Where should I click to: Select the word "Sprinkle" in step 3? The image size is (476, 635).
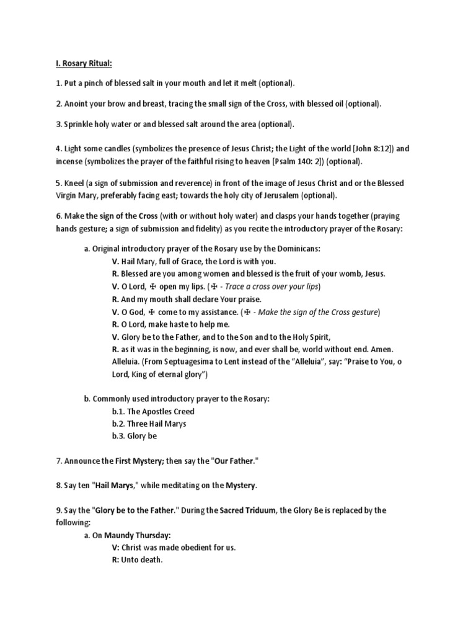coord(79,124)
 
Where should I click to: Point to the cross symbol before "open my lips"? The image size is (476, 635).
coord(152,287)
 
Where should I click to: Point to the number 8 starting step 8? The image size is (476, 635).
coord(58,486)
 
